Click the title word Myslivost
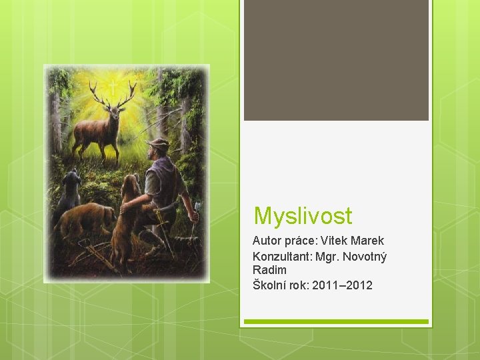(303, 216)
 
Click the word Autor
(267, 241)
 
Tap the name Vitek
(334, 241)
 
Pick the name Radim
(269, 270)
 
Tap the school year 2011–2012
(342, 285)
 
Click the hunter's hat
(159, 143)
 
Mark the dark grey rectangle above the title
(336, 60)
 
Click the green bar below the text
(336, 321)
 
